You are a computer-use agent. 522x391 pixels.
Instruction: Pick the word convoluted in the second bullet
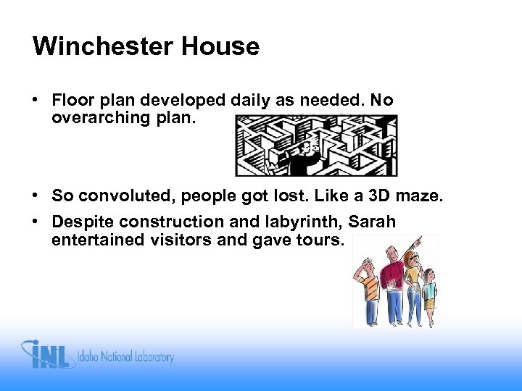[125, 196]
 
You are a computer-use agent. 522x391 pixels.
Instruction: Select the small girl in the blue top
[429, 293]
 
